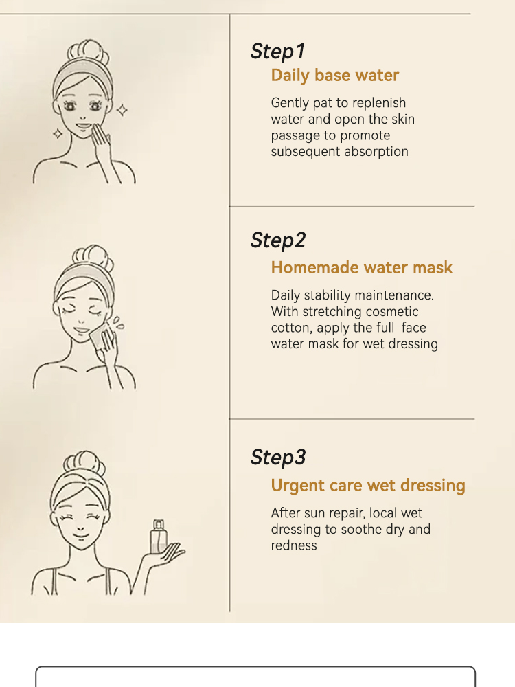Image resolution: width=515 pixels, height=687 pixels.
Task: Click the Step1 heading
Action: [277, 52]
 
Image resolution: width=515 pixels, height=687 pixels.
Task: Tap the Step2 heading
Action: [277, 240]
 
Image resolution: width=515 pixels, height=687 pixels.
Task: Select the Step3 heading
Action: [277, 458]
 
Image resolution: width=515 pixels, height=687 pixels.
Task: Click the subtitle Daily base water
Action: [334, 76]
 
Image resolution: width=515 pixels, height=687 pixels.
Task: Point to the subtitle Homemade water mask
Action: [361, 267]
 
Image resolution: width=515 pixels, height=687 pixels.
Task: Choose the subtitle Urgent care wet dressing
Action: [368, 486]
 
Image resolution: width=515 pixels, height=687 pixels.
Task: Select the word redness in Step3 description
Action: [293, 545]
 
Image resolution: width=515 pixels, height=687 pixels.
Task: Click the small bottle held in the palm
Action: [158, 537]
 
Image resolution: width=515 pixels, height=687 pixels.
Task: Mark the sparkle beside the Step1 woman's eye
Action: [122, 110]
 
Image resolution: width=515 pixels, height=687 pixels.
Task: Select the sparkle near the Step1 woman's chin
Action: [58, 134]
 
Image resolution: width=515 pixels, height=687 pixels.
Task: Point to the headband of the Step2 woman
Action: [84, 274]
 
